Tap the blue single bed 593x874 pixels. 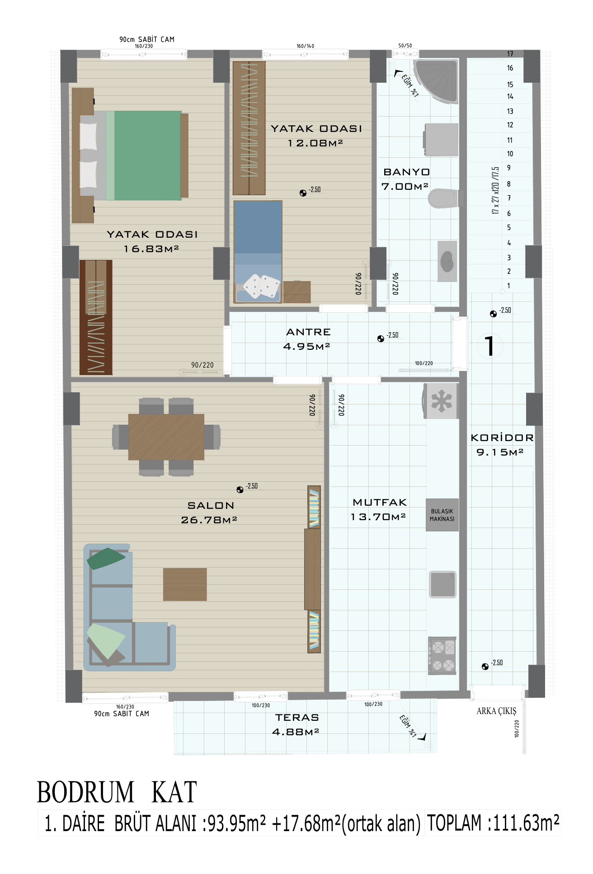[258, 252]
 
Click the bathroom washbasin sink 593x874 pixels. [447, 261]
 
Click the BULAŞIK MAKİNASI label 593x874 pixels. [442, 515]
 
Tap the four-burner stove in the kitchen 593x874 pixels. [442, 656]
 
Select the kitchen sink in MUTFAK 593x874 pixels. [442, 584]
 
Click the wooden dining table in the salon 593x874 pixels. [166, 437]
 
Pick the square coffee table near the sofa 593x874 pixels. [185, 584]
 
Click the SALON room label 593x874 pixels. [211, 506]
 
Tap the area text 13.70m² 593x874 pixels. [378, 517]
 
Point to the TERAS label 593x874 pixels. [297, 717]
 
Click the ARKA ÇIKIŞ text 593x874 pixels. [496, 711]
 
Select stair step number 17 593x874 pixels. [510, 54]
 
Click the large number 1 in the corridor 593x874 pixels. [489, 346]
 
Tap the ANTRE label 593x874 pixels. [309, 332]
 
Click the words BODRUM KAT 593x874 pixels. [117, 792]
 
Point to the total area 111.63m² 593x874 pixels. [526, 822]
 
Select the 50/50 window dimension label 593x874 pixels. [405, 46]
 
